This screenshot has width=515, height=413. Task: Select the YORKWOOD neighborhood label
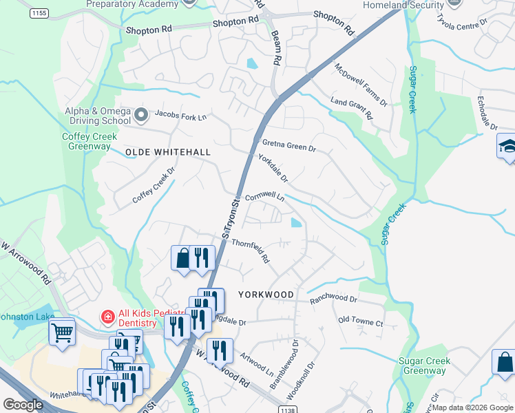[x=266, y=294]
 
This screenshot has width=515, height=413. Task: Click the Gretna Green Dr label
[x=288, y=145]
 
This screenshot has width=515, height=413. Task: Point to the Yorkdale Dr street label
[x=273, y=168]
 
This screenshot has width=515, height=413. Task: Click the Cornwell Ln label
[x=264, y=196]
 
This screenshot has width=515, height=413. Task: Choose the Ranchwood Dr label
[x=334, y=299]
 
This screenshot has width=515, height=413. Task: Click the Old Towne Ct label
[x=360, y=321]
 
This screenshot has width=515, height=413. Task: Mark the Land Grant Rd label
[x=351, y=107]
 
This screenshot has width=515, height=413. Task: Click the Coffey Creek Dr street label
[x=154, y=187]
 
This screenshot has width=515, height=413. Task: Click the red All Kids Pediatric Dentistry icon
[x=107, y=317]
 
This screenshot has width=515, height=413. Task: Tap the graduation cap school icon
[x=507, y=146]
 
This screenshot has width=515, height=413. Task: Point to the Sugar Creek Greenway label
[x=425, y=366]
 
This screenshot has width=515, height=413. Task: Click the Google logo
[x=23, y=405]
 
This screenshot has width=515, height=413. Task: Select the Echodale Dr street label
[x=486, y=113]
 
